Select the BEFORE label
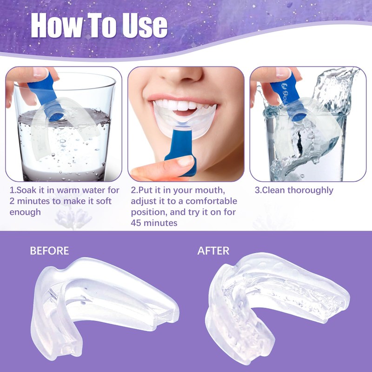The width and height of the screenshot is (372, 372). click(x=49, y=251)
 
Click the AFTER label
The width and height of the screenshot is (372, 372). click(x=213, y=251)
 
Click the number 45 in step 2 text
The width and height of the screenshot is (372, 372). click(x=137, y=223)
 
